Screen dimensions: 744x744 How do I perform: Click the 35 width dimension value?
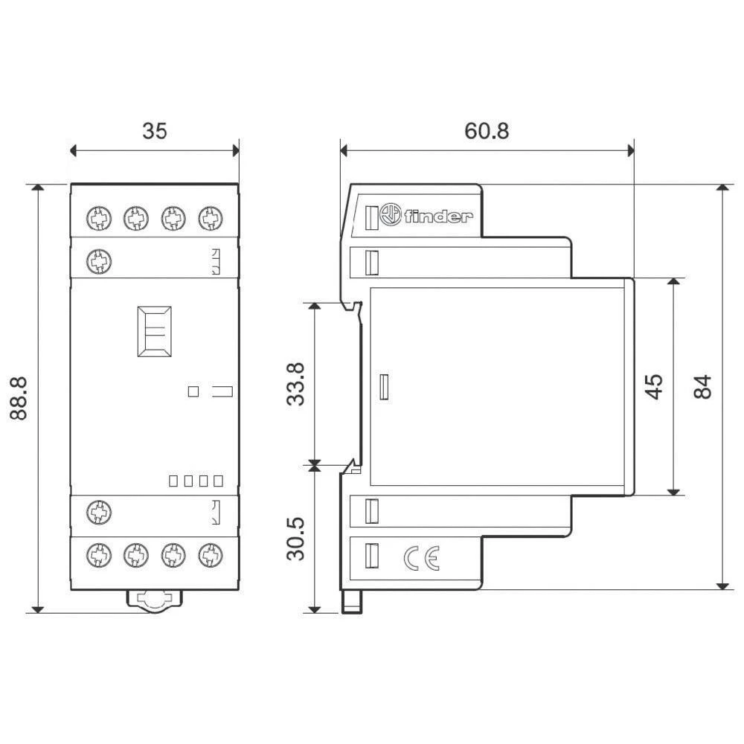155,131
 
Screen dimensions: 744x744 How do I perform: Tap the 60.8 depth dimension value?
487,131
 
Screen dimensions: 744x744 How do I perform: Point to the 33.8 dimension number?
296,384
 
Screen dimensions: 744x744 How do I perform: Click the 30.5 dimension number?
296,539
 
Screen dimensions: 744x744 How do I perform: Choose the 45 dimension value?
654,386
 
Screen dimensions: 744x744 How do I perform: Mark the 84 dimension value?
703,386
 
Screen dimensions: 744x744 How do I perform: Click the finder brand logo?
426,217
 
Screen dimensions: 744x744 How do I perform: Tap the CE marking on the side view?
421,557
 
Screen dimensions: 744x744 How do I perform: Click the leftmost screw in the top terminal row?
97,219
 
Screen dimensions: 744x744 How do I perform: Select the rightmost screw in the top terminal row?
211,219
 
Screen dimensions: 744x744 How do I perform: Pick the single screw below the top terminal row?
97,260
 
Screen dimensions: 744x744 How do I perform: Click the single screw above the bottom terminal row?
97,511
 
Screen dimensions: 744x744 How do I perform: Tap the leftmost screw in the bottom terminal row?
97,554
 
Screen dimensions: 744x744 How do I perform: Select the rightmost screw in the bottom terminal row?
211,554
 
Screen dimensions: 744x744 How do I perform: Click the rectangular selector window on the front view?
154,331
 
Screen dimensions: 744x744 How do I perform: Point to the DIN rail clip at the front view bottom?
154,598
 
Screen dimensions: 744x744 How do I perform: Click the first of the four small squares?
173,481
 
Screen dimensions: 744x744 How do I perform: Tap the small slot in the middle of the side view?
383,387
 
